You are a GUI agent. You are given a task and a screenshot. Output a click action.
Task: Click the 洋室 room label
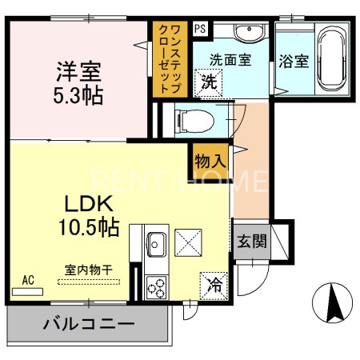click(x=79, y=71)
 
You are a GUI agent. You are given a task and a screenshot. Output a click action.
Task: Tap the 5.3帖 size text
click(x=79, y=95)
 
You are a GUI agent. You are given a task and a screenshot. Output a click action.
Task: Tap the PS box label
click(x=199, y=28)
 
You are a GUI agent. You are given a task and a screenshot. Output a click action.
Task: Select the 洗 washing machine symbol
click(x=209, y=80)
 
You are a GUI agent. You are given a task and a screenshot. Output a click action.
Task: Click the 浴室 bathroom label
click(x=294, y=60)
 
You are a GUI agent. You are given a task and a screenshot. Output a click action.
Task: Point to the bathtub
click(x=330, y=59)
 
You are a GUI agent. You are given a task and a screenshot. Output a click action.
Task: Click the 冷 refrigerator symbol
click(x=215, y=283)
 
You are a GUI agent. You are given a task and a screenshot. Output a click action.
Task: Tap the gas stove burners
click(x=156, y=286)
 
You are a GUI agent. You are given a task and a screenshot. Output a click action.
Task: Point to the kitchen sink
click(x=155, y=242)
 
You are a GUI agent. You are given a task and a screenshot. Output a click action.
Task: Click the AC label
click(x=28, y=280)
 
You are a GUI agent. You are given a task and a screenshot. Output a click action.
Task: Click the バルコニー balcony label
click(x=88, y=325)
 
